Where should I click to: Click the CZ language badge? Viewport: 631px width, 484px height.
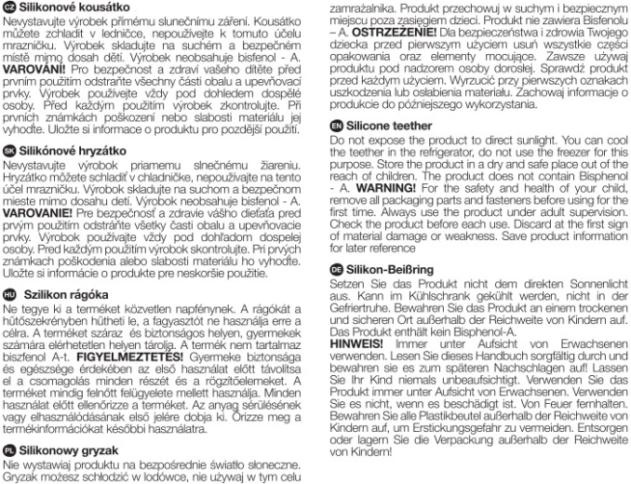pyautogui.click(x=9, y=8)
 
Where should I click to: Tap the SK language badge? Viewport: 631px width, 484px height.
pyautogui.click(x=9, y=148)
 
